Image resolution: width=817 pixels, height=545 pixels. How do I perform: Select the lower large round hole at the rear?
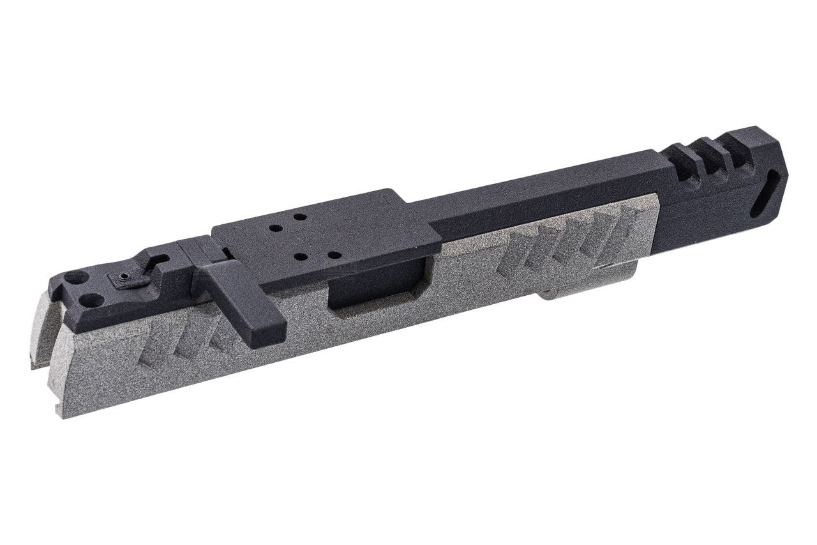[94, 298]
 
